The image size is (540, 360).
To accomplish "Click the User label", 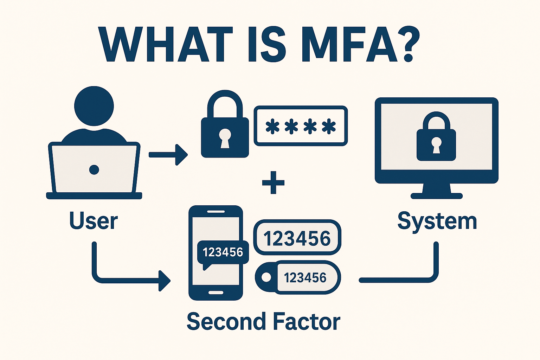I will [94, 221].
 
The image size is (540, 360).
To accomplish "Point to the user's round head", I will [94, 105].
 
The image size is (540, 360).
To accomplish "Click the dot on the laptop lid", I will [94, 170].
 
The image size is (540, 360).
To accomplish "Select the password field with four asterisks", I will [301, 126].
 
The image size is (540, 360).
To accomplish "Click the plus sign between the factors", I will [273, 182].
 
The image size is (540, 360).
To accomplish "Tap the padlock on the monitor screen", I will [436, 139].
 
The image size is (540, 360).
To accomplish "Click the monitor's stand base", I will [436, 195].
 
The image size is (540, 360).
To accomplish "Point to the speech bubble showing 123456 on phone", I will [223, 252].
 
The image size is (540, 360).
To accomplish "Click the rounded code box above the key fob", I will [297, 238].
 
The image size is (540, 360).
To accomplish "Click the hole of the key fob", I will [266, 277].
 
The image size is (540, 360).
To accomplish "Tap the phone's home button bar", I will [216, 292].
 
